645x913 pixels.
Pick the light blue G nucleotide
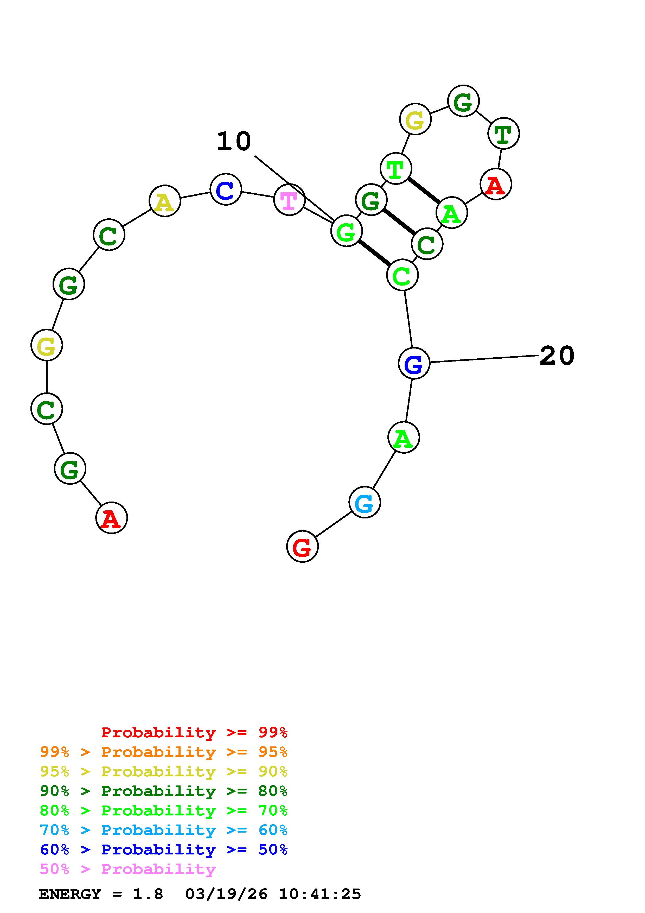tap(365, 502)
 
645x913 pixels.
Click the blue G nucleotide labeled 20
tap(414, 363)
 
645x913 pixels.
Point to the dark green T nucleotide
tap(503, 133)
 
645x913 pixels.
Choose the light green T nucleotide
tap(395, 169)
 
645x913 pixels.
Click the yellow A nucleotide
tap(164, 201)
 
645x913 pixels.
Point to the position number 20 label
tap(557, 356)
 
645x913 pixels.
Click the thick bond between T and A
tap(424, 191)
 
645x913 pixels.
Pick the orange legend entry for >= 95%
tap(164, 752)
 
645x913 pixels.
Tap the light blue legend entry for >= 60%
tap(164, 830)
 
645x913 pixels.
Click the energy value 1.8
tap(148, 894)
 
